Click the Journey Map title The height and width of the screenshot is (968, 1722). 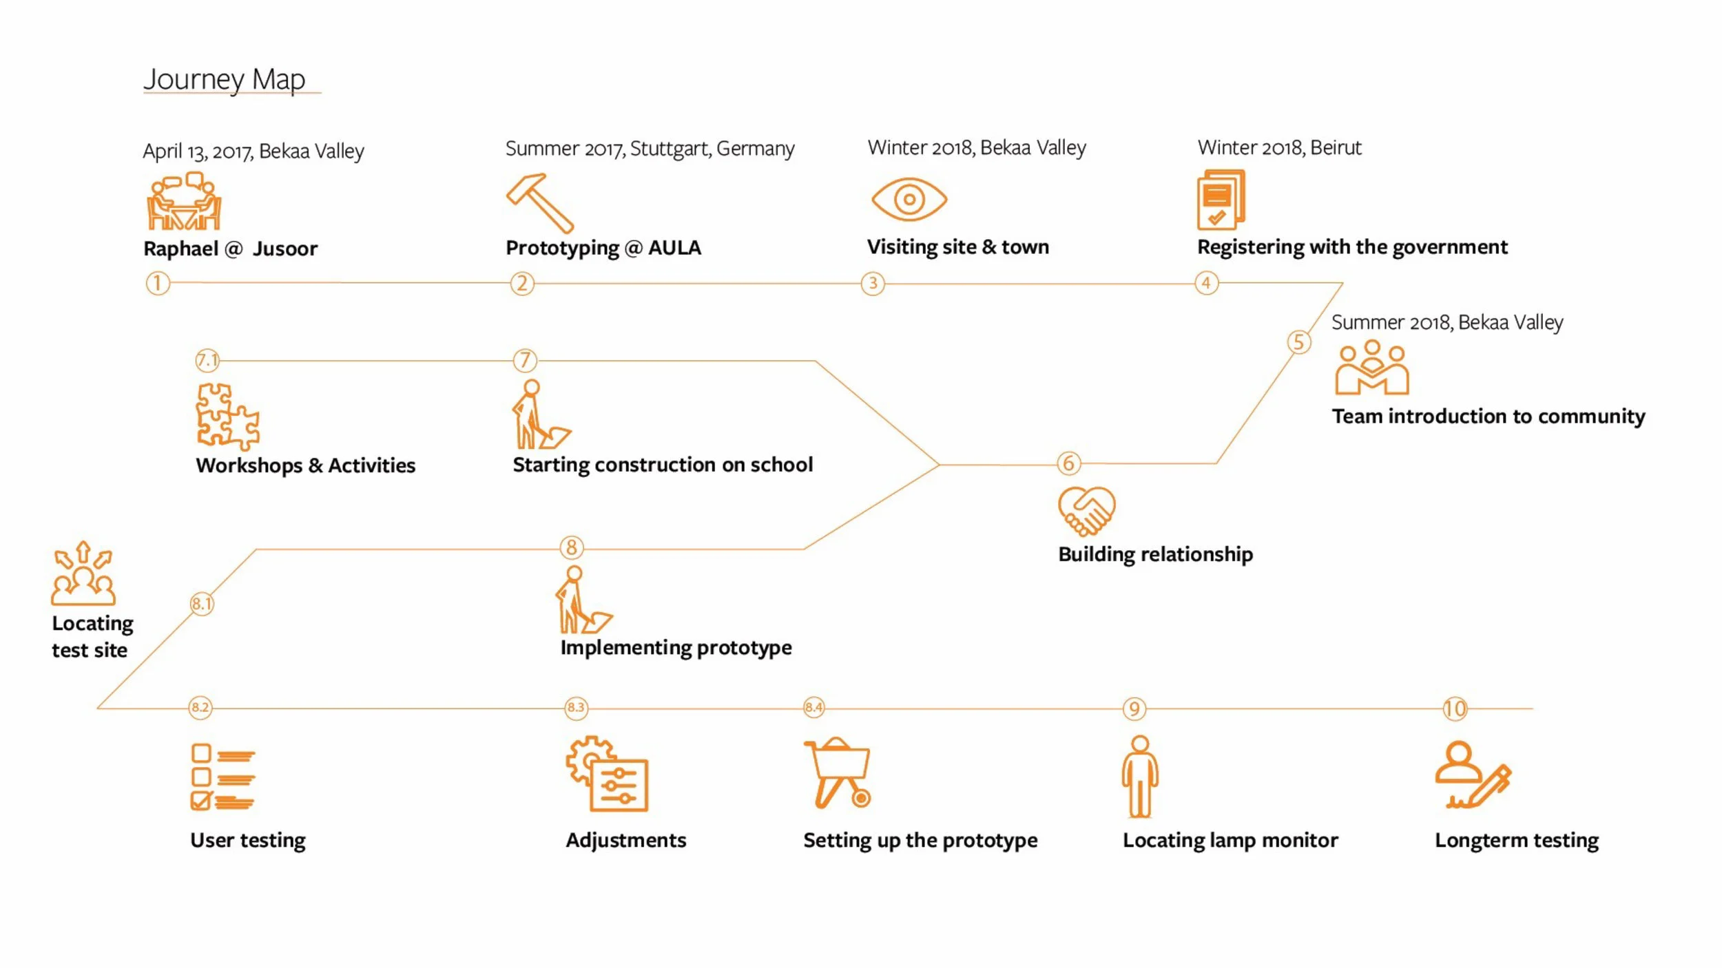(225, 79)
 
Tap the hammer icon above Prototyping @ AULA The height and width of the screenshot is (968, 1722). (539, 202)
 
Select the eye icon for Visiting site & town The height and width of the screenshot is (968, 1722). (909, 200)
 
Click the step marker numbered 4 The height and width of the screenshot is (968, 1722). (1206, 283)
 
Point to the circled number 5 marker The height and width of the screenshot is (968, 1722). (1298, 342)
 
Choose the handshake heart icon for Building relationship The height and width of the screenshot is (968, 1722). (1086, 510)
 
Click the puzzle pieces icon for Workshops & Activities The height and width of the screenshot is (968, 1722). (227, 417)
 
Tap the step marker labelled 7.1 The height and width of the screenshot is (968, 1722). (207, 360)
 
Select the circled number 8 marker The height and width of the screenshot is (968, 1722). (571, 547)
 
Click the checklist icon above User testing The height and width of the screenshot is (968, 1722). (222, 777)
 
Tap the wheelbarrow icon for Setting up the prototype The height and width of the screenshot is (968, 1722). (838, 772)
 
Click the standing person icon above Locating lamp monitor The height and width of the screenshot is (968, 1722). (1140, 776)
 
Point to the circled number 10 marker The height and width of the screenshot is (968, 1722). (1455, 708)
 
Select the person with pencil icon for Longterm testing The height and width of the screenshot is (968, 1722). (1473, 775)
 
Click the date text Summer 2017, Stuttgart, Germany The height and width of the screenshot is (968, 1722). (650, 149)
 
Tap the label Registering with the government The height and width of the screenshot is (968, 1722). (1352, 247)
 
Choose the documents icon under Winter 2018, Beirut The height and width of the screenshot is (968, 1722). (1221, 200)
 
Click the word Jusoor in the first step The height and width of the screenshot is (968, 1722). (284, 249)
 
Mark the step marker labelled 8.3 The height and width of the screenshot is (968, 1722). (576, 708)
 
